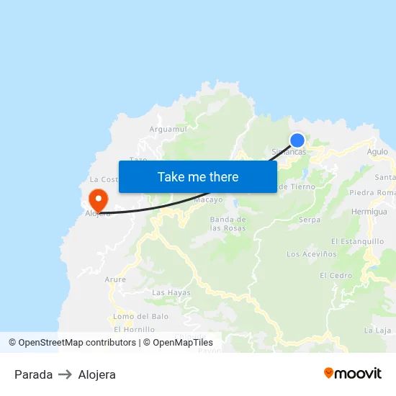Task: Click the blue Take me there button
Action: (198, 176)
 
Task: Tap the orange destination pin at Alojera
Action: (97, 198)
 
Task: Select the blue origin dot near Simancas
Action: (297, 140)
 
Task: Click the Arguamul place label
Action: (168, 129)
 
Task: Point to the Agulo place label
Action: (377, 152)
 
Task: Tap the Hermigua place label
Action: (369, 212)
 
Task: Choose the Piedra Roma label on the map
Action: (372, 193)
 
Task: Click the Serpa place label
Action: (310, 220)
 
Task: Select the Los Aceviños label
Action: (312, 254)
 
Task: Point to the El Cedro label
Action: (336, 275)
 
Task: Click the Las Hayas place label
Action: (171, 292)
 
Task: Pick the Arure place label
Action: (115, 279)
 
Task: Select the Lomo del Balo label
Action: (141, 316)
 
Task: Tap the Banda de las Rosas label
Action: (228, 223)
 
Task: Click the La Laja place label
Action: (377, 330)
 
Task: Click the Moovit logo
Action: (353, 373)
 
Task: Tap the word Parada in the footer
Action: (33, 374)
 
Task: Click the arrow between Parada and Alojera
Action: (66, 374)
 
